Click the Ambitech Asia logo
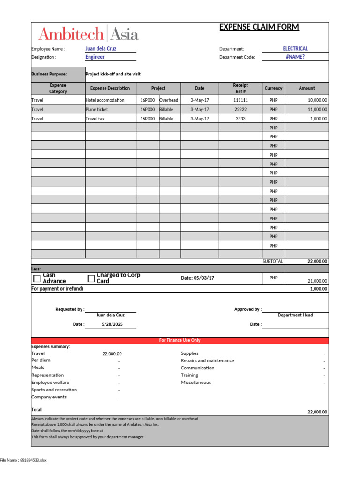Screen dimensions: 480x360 coord(88,34)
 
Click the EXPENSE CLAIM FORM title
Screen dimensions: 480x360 coord(259,27)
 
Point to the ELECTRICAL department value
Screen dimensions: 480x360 coord(295,48)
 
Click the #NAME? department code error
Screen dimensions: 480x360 coord(295,57)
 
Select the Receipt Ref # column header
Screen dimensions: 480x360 coord(240,88)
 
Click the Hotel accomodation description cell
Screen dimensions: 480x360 coord(105,100)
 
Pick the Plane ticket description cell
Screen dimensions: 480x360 coord(97,109)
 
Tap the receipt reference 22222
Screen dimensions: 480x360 coord(240,109)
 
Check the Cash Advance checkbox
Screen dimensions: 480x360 coord(37,278)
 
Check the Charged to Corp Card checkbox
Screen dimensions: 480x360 coord(91,278)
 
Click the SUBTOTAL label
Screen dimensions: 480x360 coord(273,262)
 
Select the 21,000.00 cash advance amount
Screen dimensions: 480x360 coord(317,281)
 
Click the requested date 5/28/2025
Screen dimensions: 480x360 coord(111,324)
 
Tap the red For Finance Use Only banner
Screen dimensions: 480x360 coord(180,340)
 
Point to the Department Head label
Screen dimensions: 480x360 coord(295,315)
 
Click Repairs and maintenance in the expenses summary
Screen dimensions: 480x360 coord(208,360)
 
